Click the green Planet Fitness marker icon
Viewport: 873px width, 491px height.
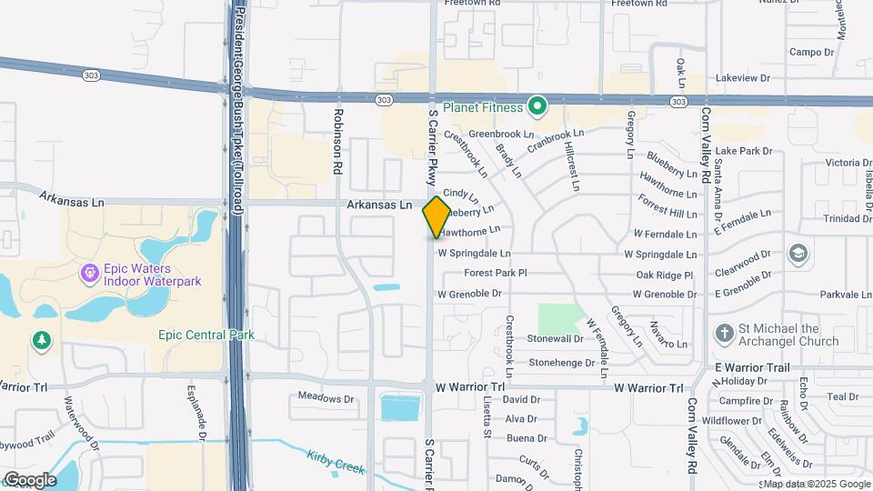(x=537, y=108)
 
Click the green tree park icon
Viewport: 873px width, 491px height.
(x=41, y=340)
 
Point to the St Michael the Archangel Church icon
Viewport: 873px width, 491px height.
(x=725, y=334)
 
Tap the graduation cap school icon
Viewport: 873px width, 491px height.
(x=798, y=253)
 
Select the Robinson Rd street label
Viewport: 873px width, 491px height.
(x=337, y=141)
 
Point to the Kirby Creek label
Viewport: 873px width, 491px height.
(x=336, y=463)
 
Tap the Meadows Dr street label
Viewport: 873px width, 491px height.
(x=326, y=398)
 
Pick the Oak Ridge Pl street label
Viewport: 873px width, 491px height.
(x=665, y=275)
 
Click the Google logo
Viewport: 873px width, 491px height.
(x=30, y=479)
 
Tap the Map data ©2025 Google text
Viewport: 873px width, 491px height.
(x=816, y=484)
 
